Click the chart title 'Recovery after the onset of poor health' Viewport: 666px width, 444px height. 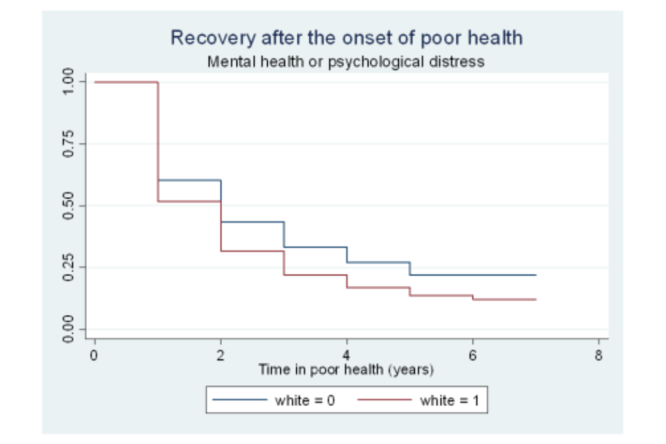coord(346,37)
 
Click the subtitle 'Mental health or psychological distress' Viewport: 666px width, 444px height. coord(346,62)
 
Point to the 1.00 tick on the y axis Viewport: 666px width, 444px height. coord(69,82)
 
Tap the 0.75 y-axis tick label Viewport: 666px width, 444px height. coord(69,144)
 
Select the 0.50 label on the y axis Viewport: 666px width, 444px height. coord(69,206)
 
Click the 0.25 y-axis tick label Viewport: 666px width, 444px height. coord(69,267)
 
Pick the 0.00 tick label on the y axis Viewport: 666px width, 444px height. coord(69,329)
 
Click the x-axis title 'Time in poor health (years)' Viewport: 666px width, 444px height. coord(346,369)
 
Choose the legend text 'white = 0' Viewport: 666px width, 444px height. coord(305,400)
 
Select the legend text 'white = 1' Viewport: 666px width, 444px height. coord(449,400)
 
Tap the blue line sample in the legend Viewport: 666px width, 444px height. coord(239,400)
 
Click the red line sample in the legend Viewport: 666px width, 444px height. coord(383,400)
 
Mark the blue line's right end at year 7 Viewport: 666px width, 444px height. coord(536,275)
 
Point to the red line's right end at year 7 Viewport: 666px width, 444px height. coord(536,299)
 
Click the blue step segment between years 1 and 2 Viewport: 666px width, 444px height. coord(189,180)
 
